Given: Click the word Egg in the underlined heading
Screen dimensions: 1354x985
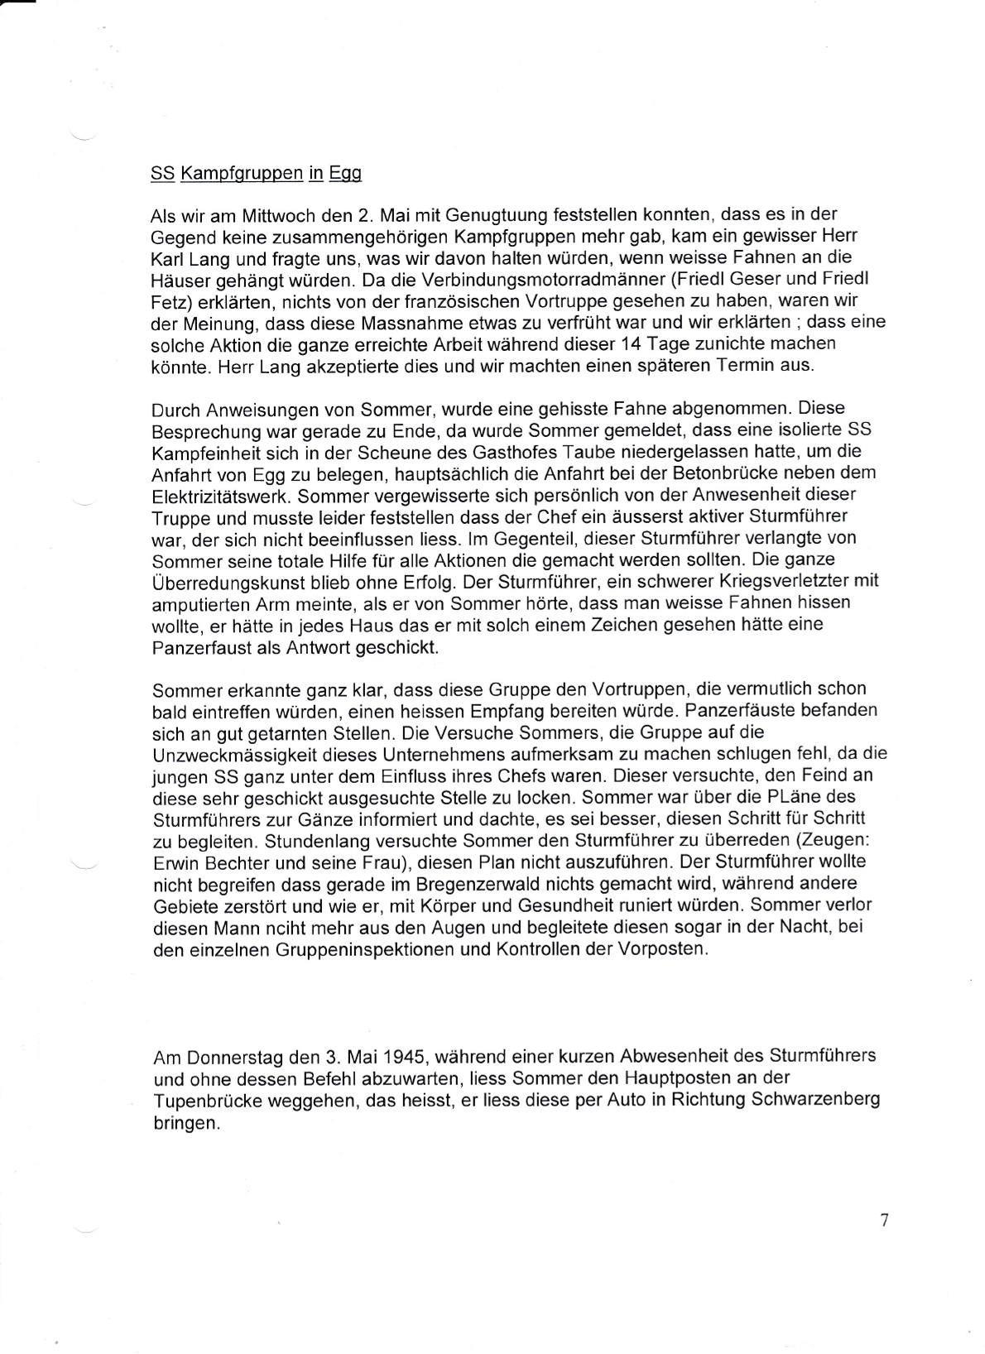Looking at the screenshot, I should coord(345,174).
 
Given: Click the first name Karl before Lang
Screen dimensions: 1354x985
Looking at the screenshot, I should coord(169,260).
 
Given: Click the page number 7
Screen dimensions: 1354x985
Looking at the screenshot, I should coord(885,1221).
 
